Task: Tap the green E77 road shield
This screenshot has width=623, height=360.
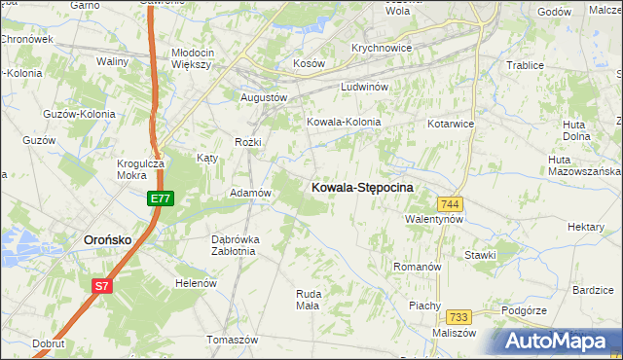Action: coord(161,198)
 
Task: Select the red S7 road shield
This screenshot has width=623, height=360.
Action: coord(102,286)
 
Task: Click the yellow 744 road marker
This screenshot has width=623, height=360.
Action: coord(450,204)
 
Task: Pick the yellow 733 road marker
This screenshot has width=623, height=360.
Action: coord(459,317)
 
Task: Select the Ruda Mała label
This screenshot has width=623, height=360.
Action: coord(308,299)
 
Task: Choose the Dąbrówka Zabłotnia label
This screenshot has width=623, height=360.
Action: coord(234,244)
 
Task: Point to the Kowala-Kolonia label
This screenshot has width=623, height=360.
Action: coord(344,123)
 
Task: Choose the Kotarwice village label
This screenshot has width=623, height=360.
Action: coord(451,125)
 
